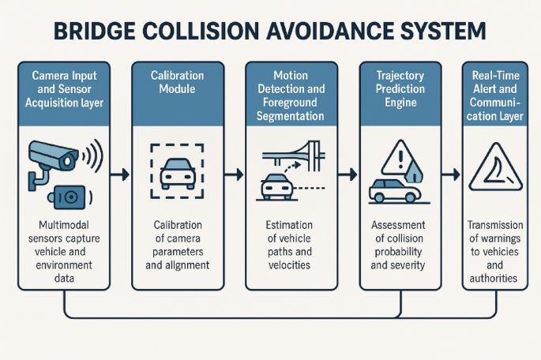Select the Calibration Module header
tap(178, 83)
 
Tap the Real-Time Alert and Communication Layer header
tap(496, 95)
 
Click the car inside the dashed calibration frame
tap(178, 171)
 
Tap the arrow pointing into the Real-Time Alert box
tap(450, 173)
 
